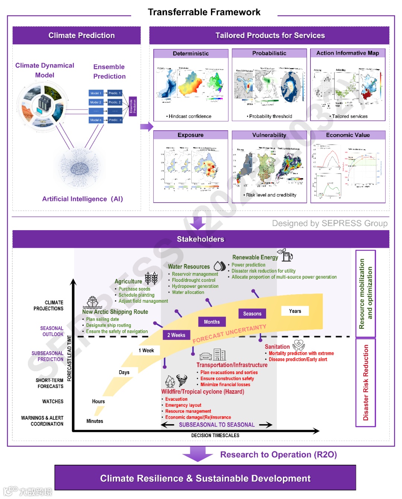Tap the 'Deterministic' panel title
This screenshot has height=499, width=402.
pos(191,53)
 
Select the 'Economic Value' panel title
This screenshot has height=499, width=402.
pos(348,135)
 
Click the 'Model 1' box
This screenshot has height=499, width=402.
pos(95,93)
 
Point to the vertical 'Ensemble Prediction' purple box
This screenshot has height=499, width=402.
pos(133,106)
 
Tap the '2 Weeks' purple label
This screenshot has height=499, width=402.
pos(176,335)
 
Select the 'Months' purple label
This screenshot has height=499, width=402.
pos(212,322)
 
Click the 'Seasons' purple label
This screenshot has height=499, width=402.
pos(252,314)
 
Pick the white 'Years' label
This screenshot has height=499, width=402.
pos(295,311)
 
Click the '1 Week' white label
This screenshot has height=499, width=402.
pos(146,350)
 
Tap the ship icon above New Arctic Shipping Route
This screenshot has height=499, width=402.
pos(92,302)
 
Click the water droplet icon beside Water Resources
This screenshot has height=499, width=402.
pos(219,266)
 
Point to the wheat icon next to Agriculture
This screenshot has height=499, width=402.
pos(151,278)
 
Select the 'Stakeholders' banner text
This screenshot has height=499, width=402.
pos(200,239)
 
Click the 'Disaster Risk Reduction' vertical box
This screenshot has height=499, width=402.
pos(366,382)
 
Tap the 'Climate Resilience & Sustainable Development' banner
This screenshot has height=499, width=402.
pos(205,478)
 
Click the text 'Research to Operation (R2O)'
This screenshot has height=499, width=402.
pos(278,455)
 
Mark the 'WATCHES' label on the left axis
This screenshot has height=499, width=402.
pos(52,401)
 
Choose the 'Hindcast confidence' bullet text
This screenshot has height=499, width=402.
pos(190,116)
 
